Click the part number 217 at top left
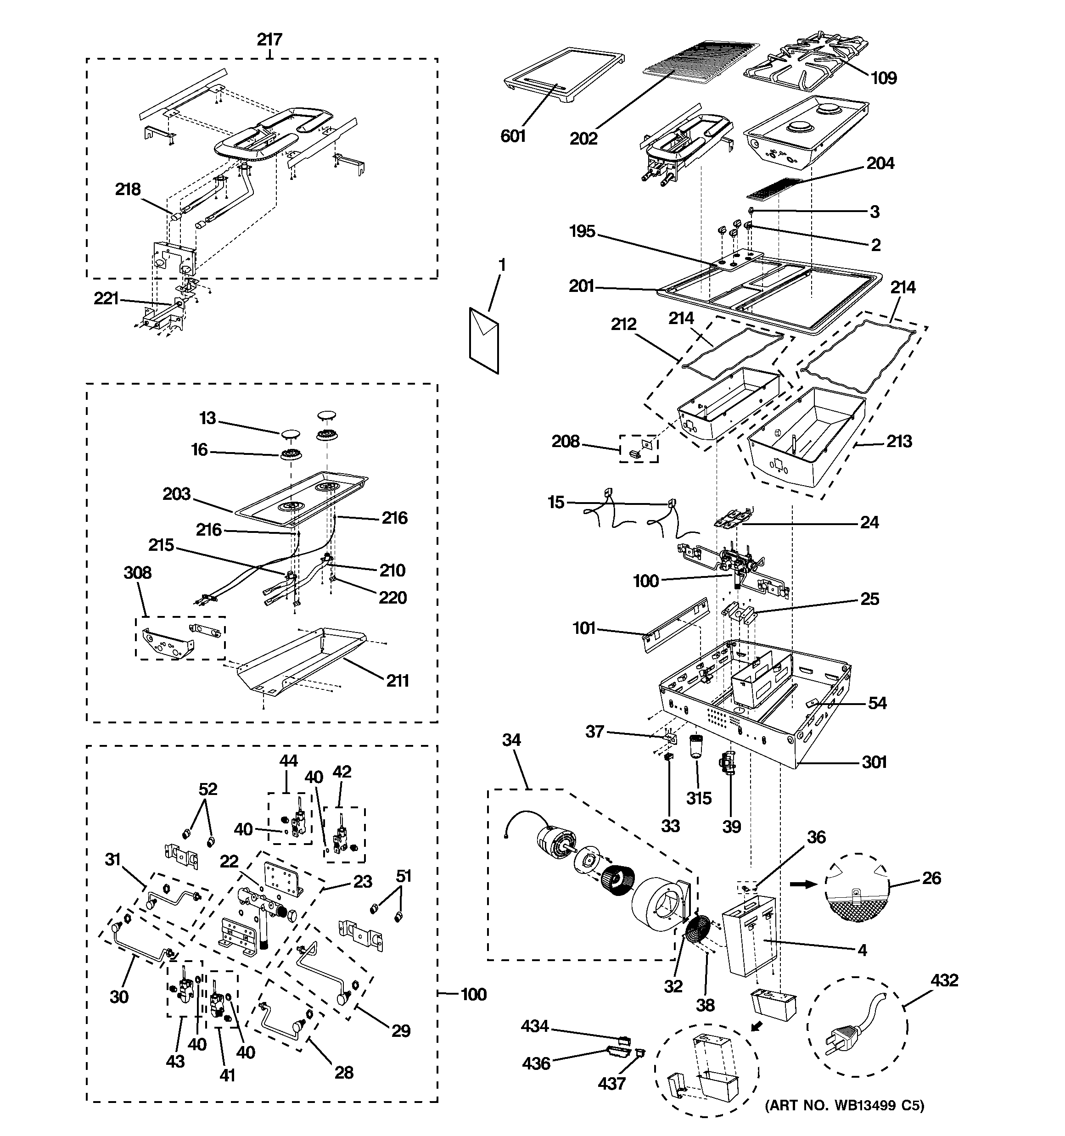pos(269,39)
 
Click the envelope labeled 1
pos(484,341)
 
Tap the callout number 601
pos(513,136)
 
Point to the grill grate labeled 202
pos(702,67)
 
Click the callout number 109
pos(883,78)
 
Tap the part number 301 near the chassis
pos(874,762)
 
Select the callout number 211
pos(397,681)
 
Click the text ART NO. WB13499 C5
pos(844,1121)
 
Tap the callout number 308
pos(138,572)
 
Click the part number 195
pos(582,231)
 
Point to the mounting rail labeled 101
pos(676,625)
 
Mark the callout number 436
pos(536,1063)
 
